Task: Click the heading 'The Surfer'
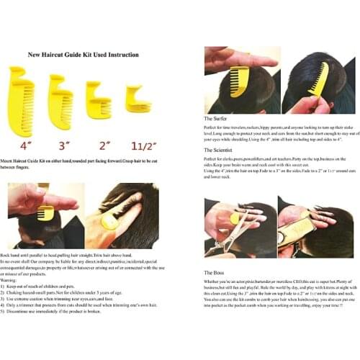[216, 117]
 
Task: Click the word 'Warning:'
[19, 273]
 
